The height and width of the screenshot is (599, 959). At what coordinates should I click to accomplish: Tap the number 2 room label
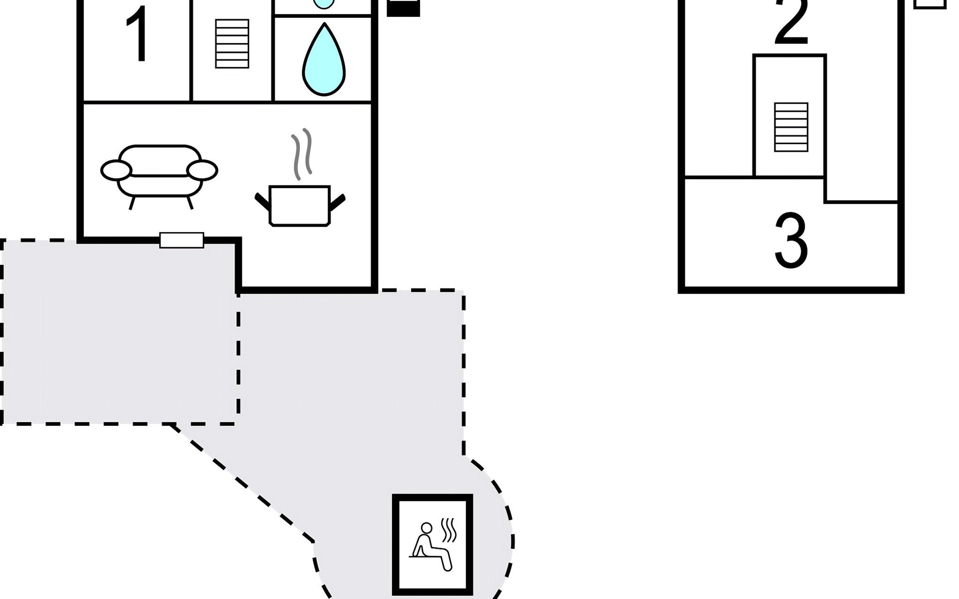[x=792, y=22]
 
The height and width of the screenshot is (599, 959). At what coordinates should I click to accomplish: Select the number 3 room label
[x=791, y=240]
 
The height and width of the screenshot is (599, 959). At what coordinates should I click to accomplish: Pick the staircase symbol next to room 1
[x=232, y=43]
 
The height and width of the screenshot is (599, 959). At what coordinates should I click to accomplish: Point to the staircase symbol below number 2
[x=791, y=127]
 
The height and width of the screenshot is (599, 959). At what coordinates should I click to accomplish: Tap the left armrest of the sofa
[x=116, y=170]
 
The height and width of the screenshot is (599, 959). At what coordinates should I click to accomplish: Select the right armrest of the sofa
[x=202, y=170]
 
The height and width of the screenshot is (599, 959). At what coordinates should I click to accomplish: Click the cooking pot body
[x=300, y=206]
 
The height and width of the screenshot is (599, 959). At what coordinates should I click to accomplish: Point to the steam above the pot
[x=302, y=154]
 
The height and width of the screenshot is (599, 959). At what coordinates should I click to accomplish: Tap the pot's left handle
[x=262, y=201]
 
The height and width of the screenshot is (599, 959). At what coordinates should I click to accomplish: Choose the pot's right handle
[x=338, y=202]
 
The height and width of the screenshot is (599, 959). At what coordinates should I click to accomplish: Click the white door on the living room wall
[x=182, y=240]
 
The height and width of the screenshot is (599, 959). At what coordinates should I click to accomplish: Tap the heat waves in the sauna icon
[x=450, y=530]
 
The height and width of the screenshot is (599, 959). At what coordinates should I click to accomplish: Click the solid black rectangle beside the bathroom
[x=403, y=8]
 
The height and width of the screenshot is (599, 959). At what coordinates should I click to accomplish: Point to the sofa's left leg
[x=132, y=203]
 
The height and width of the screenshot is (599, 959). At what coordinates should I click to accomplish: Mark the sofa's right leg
[x=190, y=203]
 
